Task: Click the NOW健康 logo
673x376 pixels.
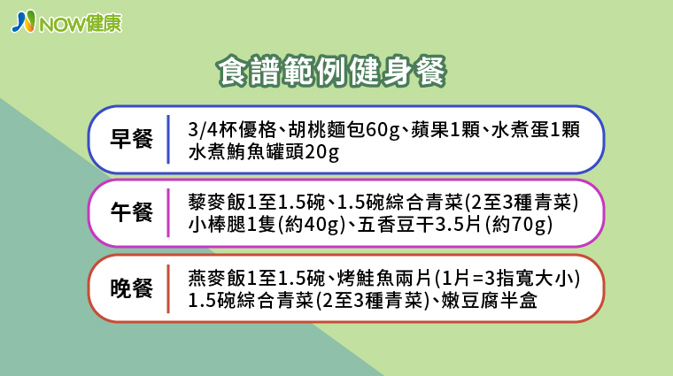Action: coord(66,22)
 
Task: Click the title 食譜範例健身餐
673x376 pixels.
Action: coord(332,71)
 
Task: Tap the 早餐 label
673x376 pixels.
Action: coord(131,139)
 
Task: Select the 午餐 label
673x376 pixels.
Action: coord(131,212)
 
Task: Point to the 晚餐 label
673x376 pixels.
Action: coord(131,288)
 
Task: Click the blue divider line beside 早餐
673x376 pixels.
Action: coord(168,139)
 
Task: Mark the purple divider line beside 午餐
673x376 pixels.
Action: coord(168,212)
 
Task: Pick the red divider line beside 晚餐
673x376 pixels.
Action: coord(168,288)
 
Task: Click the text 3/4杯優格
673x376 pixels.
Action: coord(232,129)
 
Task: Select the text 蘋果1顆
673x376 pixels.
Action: coord(445,129)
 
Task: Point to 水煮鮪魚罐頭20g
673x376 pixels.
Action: coord(264,152)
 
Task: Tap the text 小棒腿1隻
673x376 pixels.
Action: coord(232,225)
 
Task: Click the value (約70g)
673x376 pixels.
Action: coord(519,225)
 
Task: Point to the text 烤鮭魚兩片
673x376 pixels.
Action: coord(384,279)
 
